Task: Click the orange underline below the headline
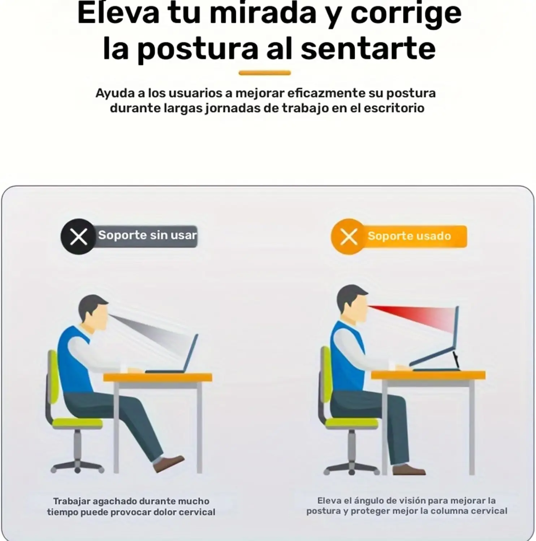point(265,73)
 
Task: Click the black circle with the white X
point(78,237)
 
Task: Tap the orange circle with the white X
point(349,237)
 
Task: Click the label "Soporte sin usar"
point(147,235)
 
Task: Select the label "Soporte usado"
point(409,236)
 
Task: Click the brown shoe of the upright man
point(409,470)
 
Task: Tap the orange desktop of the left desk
point(158,378)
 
